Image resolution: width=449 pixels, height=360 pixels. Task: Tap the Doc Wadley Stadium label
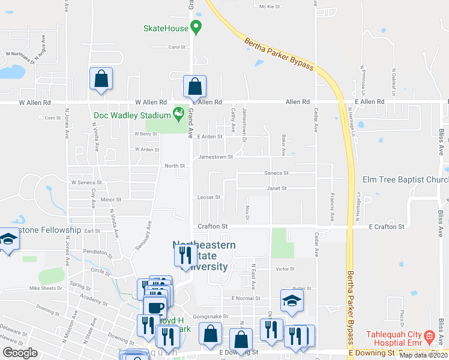131,115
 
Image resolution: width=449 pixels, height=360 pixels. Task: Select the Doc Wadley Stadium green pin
178,112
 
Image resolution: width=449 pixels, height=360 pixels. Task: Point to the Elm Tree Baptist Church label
406,180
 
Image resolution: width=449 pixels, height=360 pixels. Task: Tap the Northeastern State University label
204,256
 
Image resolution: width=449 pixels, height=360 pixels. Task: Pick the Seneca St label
277,173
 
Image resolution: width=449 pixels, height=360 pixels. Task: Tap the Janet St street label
277,188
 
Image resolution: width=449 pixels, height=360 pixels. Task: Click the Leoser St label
209,197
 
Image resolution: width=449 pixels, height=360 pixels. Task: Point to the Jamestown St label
215,157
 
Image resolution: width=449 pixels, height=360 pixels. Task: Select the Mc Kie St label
270,7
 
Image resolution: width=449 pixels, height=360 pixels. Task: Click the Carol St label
176,47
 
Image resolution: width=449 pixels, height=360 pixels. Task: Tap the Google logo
20,352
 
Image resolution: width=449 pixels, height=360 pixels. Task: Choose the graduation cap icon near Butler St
292,301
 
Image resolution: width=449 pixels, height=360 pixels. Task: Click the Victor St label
285,269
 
